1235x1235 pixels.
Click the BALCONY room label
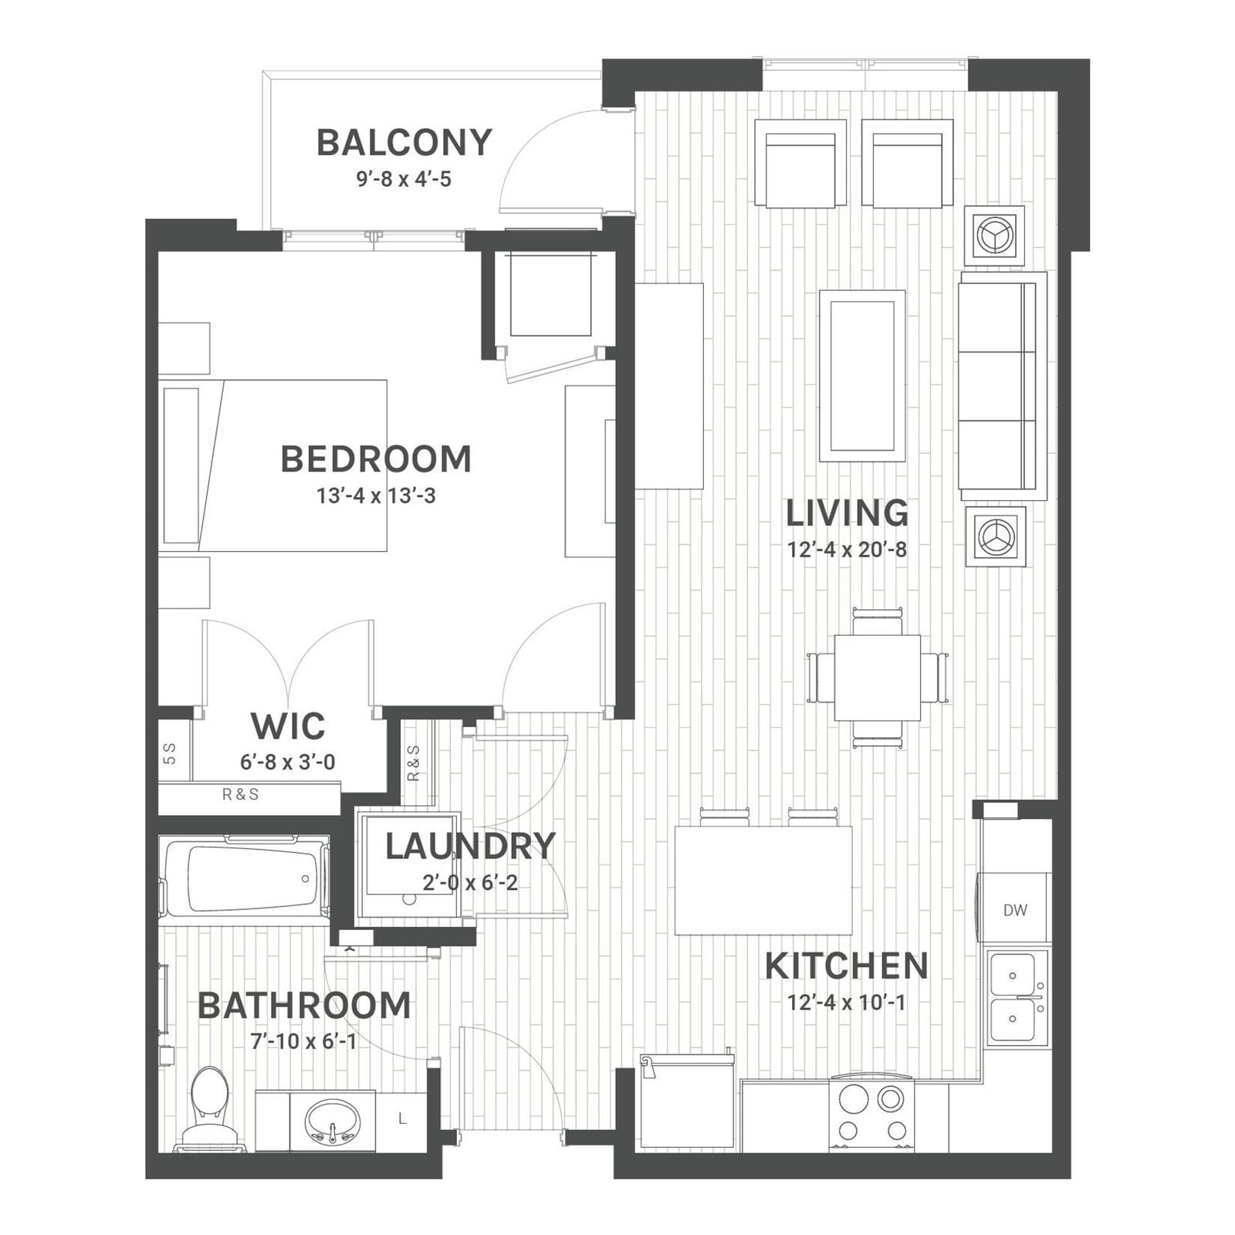(x=404, y=143)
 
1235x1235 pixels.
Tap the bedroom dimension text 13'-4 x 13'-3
(x=376, y=496)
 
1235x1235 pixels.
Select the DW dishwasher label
(x=1015, y=910)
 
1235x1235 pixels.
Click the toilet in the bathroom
(x=209, y=1108)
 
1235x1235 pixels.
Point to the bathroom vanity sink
(x=333, y=1122)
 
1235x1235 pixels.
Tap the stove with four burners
(x=871, y=1115)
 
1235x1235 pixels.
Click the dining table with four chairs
(x=878, y=678)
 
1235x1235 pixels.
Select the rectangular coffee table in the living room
(x=862, y=376)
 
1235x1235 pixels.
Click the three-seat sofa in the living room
(x=1002, y=385)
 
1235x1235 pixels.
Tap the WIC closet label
(x=288, y=726)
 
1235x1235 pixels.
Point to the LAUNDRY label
(x=470, y=846)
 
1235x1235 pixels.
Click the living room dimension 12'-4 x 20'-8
(x=847, y=550)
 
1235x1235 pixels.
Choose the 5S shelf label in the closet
(x=171, y=753)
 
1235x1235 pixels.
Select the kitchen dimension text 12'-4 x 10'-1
(x=846, y=1002)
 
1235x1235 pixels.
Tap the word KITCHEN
(x=846, y=966)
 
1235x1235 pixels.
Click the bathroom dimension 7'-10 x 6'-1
(x=304, y=1041)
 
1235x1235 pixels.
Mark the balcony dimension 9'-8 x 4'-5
(x=404, y=180)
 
